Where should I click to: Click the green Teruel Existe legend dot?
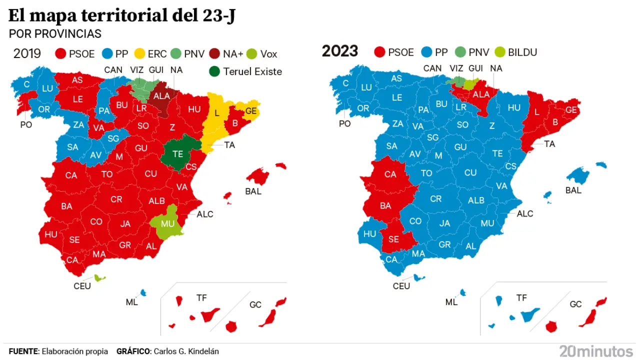pos(214,71)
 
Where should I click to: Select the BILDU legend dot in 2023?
pos(499,52)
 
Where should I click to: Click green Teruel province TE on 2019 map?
pos(177,154)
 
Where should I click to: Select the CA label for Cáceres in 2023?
pos(390,174)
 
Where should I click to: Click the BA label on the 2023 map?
pos(385,205)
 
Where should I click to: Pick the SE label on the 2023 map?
pos(393,239)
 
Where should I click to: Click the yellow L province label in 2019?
pos(216,113)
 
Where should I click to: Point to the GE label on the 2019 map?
pos(251,111)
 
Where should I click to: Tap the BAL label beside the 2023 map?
pos(573,190)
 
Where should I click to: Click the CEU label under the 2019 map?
pos(82,286)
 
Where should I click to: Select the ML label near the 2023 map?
pos(451,302)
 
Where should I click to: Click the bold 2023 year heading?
pos(340,51)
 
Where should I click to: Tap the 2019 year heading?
pos(27,53)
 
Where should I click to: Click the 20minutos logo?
pos(596,351)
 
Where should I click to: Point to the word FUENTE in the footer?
pos(23,351)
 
